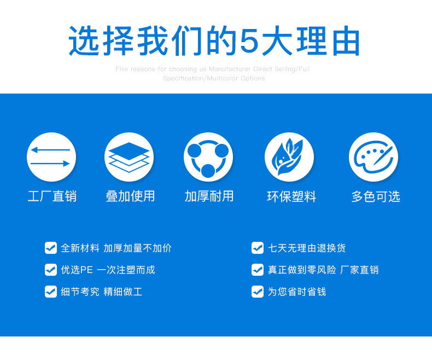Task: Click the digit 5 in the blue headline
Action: click(249, 41)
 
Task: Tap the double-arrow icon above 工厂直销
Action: click(51, 157)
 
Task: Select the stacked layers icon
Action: click(129, 157)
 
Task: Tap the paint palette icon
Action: click(373, 157)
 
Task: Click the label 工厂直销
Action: click(52, 196)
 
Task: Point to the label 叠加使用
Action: click(130, 196)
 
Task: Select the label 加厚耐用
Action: click(209, 196)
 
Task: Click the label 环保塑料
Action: click(291, 196)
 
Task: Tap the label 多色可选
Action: click(376, 196)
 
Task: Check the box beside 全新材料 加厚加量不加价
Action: click(51, 248)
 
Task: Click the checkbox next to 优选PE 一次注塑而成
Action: click(51, 270)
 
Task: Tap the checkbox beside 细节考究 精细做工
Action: click(51, 292)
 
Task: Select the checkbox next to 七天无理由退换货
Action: click(258, 248)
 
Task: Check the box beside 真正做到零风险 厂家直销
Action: click(258, 270)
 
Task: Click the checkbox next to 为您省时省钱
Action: click(258, 292)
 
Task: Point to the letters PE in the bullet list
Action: click(86, 270)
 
